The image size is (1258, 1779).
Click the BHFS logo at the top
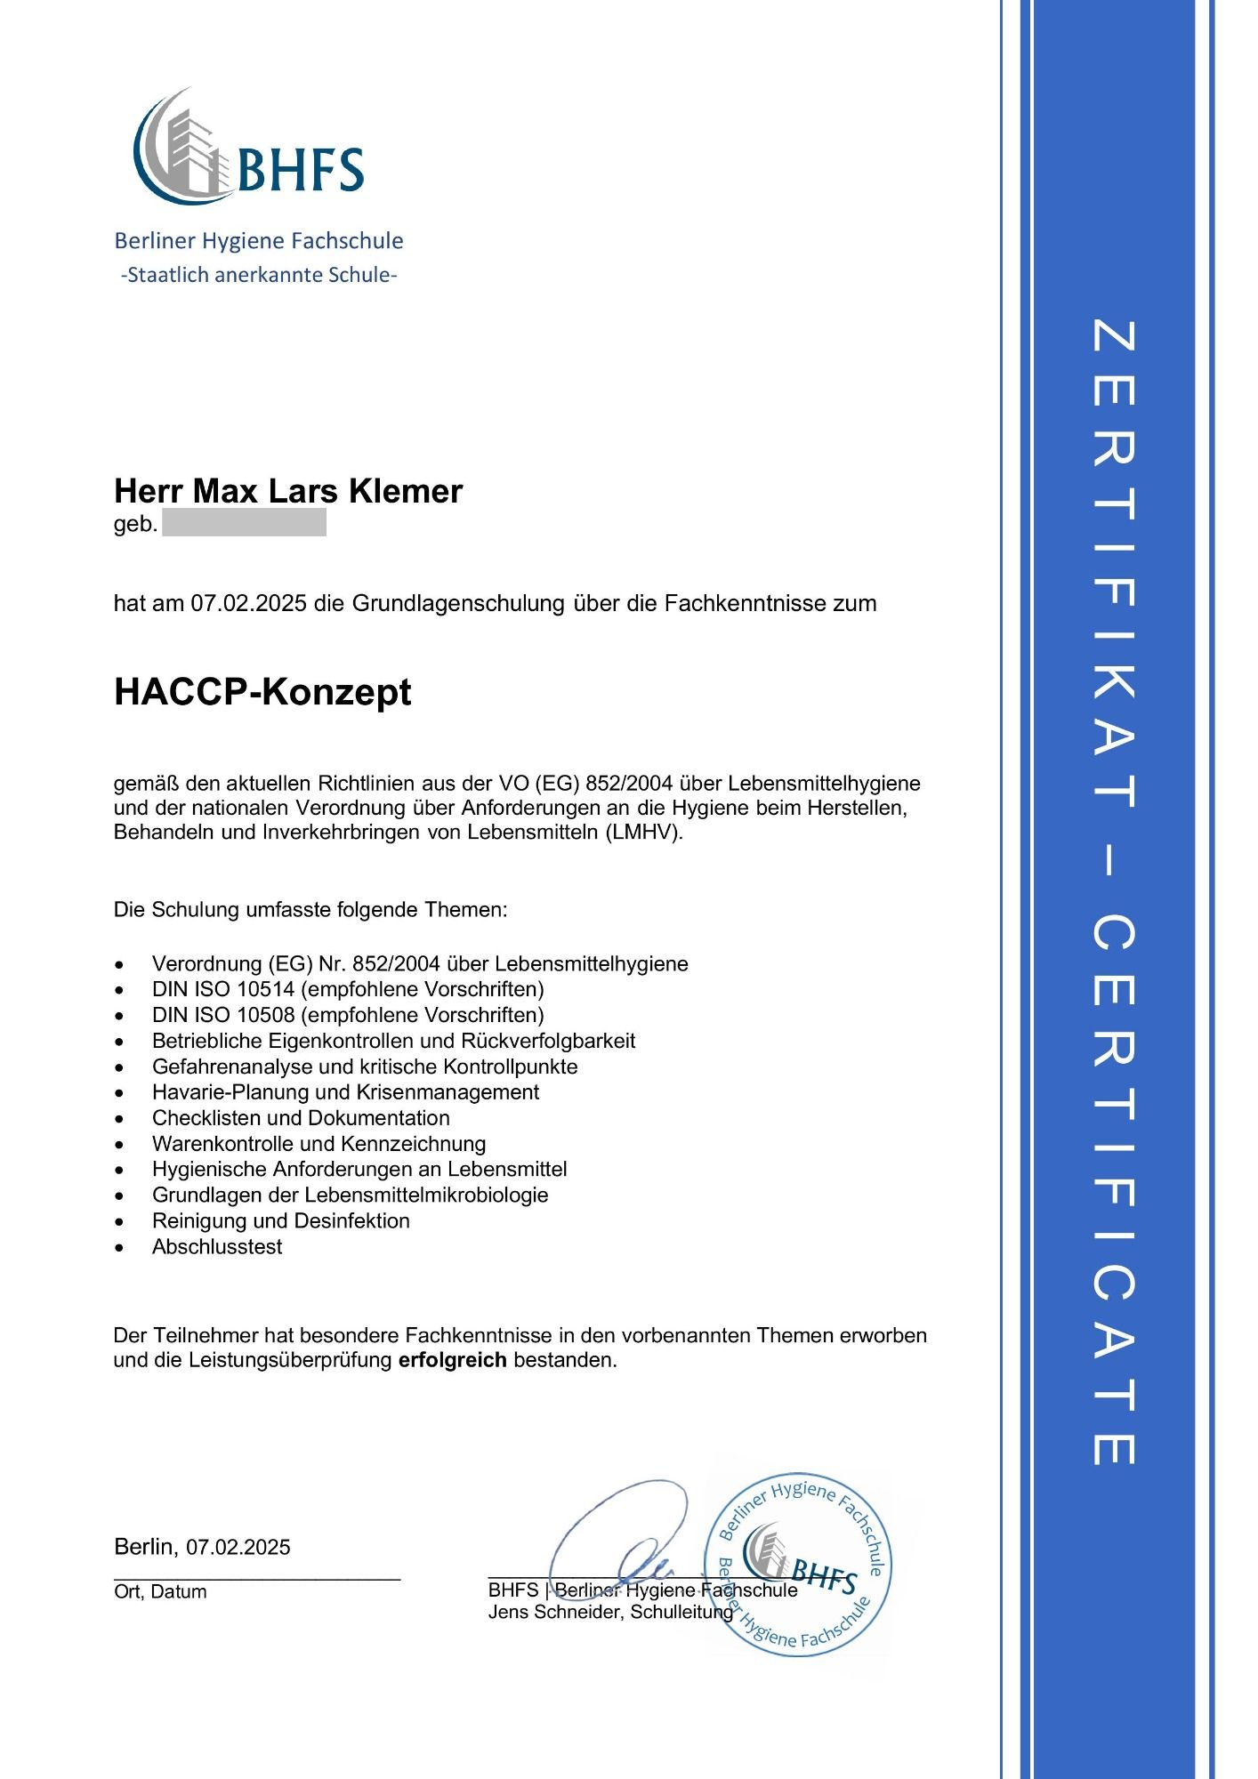(x=249, y=147)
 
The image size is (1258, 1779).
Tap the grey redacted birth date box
(x=244, y=523)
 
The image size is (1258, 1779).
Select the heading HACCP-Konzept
(x=262, y=692)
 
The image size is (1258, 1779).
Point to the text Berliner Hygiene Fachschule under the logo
(x=258, y=241)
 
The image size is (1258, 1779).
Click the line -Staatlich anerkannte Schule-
(x=258, y=275)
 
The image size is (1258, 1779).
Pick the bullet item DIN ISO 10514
(x=347, y=989)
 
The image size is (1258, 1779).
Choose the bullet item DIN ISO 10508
(x=347, y=1015)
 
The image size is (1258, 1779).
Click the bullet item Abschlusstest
(x=217, y=1247)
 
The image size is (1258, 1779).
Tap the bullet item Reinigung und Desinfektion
(x=280, y=1221)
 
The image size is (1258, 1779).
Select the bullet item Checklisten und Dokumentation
(x=301, y=1118)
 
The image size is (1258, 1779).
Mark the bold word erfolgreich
(x=452, y=1360)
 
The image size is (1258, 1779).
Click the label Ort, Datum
(x=160, y=1592)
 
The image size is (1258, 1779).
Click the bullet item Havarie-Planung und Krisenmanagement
(x=345, y=1092)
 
